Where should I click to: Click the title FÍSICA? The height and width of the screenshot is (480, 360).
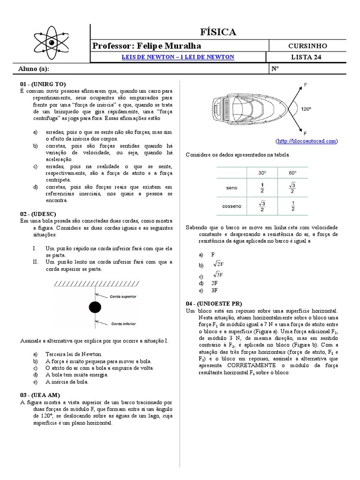tap(218, 32)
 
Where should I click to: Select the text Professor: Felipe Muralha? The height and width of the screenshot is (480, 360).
tap(148, 45)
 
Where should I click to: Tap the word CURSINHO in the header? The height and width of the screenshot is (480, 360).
tap(308, 45)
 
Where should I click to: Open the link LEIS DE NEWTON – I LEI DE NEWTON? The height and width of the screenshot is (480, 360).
tap(178, 57)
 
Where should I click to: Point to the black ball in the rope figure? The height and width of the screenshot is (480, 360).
tap(95, 307)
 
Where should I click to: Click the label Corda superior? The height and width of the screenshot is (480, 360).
tap(123, 297)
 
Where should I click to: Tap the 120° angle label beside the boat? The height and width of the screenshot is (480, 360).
tap(306, 109)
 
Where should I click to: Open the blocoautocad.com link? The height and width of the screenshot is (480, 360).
tap(307, 141)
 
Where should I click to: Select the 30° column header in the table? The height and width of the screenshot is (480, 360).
tap(262, 172)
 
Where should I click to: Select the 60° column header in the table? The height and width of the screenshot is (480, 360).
tap(292, 172)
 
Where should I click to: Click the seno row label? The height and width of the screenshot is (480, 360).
tap(232, 187)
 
